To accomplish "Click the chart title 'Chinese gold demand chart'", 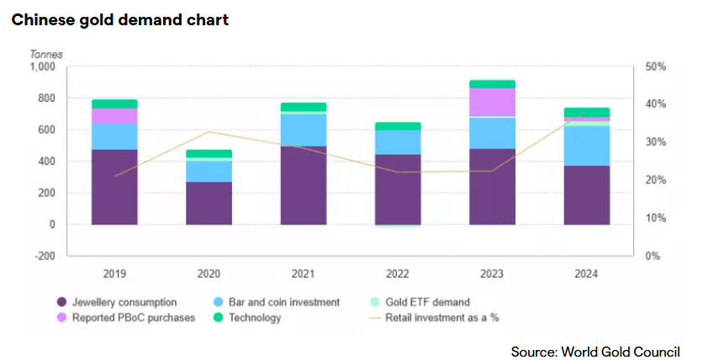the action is [120, 20].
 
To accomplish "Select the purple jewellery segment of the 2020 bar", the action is [209, 203].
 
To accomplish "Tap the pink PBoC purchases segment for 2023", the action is [492, 103].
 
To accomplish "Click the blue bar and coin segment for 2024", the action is [587, 146].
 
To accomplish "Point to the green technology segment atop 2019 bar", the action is [114, 104].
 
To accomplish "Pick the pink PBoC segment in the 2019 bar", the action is [114, 116].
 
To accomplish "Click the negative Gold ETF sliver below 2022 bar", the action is [398, 226].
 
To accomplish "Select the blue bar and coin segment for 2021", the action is [304, 130].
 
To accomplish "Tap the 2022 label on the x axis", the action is [398, 273].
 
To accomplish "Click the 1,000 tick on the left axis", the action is [43, 66].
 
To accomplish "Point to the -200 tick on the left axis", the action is [44, 256].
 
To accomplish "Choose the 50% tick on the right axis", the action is [655, 66].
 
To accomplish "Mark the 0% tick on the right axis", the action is [653, 256].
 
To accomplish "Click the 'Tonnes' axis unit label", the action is [46, 54].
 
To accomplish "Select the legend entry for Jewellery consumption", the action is [117, 302].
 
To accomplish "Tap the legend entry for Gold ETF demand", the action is [420, 302].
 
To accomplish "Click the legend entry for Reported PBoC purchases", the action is [126, 318].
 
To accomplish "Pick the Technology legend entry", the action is [247, 318].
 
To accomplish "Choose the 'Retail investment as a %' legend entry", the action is [434, 318].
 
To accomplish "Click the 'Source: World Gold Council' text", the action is [595, 352].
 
